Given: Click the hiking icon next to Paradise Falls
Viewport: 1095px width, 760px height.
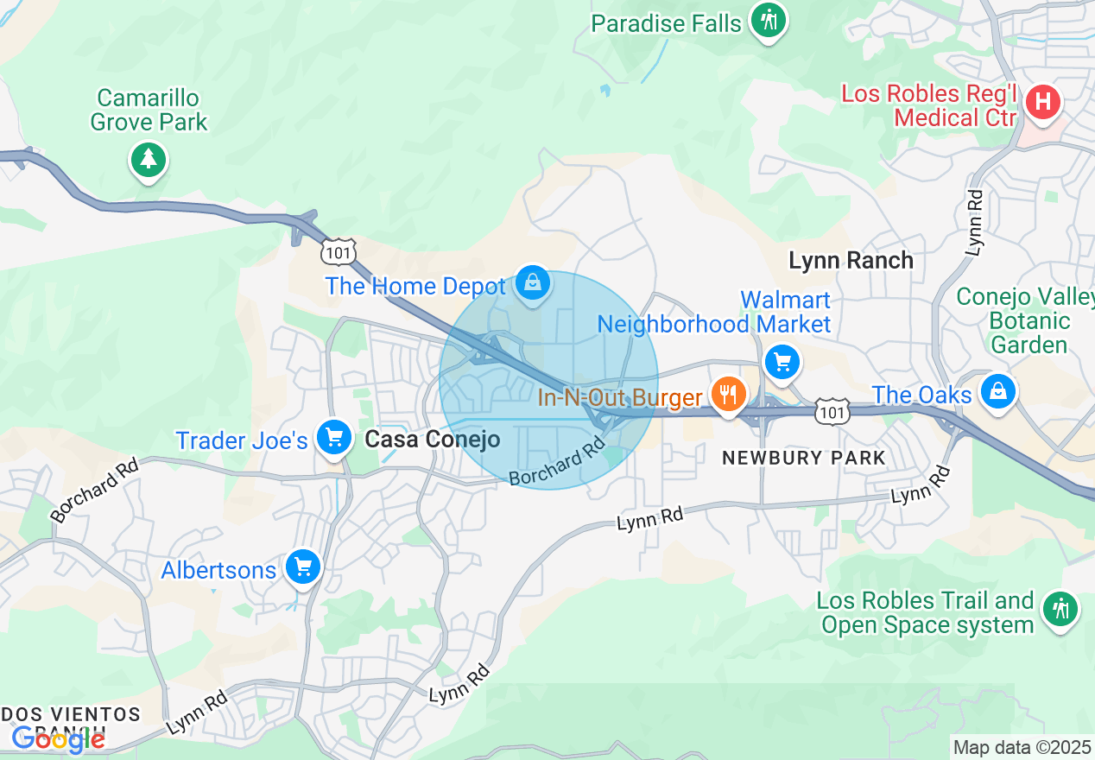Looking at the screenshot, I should pyautogui.click(x=766, y=20).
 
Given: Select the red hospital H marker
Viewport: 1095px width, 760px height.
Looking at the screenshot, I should pyautogui.click(x=1042, y=103).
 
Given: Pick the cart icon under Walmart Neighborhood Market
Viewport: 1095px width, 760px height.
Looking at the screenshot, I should pyautogui.click(x=782, y=361).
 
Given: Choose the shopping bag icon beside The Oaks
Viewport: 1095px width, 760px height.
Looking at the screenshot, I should pyautogui.click(x=997, y=390).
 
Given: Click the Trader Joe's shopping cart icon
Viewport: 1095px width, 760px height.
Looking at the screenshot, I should pyautogui.click(x=333, y=438).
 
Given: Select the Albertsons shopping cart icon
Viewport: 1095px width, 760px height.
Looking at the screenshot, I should pyautogui.click(x=302, y=567).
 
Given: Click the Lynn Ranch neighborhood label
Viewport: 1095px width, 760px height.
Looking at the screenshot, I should pyautogui.click(x=851, y=260).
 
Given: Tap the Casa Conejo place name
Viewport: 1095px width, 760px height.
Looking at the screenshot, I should pyautogui.click(x=432, y=440).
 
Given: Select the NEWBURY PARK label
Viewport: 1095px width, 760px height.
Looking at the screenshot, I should pyautogui.click(x=803, y=459).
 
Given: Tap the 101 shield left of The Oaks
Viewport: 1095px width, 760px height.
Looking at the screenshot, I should pyautogui.click(x=832, y=412).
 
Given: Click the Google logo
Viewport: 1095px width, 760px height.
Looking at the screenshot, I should pyautogui.click(x=58, y=739).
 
